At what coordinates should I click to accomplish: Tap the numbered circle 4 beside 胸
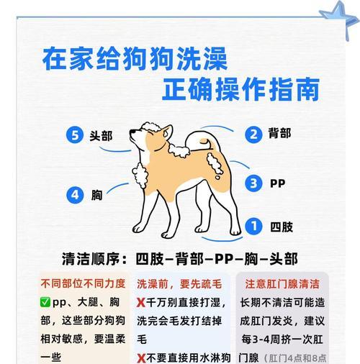click(75, 194)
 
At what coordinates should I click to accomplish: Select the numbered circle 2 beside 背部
click(253, 135)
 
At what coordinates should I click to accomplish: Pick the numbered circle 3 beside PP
click(253, 183)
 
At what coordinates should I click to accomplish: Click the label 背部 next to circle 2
click(280, 135)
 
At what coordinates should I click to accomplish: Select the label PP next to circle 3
click(277, 183)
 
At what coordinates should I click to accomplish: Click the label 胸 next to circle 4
click(96, 194)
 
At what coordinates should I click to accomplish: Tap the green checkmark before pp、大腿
click(45, 302)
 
